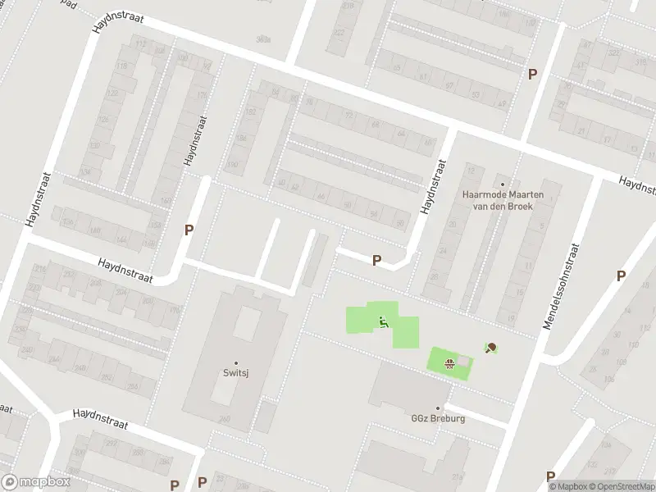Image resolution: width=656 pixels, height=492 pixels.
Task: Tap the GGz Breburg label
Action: [438, 417]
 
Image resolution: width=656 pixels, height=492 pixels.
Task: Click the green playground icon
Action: [382, 321]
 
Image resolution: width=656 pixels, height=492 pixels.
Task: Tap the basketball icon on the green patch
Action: [449, 363]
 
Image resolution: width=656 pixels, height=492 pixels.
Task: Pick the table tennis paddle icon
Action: [491, 348]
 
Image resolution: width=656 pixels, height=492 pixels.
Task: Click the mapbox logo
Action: [35, 482]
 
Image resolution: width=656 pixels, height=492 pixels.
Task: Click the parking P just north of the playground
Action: [376, 260]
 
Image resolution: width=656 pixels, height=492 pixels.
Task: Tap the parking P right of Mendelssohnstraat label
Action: [622, 276]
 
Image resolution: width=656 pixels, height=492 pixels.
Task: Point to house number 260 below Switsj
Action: [225, 419]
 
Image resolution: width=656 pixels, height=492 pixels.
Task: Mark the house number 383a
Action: [262, 39]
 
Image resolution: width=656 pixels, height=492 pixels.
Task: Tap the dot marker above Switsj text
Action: [236, 362]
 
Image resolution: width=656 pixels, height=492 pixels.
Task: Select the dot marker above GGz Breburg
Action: [438, 408]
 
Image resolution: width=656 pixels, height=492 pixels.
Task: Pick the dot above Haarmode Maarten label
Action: [503, 184]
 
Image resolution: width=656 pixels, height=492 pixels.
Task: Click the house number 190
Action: [232, 166]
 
